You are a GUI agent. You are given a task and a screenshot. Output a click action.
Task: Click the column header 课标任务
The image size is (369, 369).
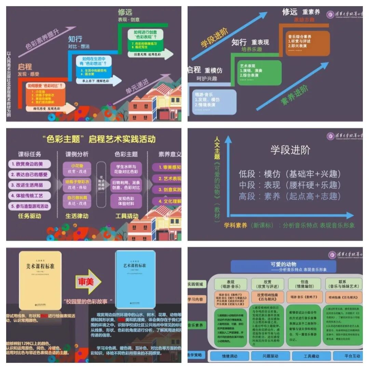coord(30,154)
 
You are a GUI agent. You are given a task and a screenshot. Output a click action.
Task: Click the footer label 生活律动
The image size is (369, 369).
coord(77,216)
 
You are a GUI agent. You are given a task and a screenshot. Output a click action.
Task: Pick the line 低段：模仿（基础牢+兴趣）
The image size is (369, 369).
coord(290,174)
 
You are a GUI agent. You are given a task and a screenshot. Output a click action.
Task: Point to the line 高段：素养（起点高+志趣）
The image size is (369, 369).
coord(290,196)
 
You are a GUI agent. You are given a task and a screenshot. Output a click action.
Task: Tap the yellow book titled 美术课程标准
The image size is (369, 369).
coord(40,280)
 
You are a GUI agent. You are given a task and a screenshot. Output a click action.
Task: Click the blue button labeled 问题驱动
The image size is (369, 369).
coord(270,356)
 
